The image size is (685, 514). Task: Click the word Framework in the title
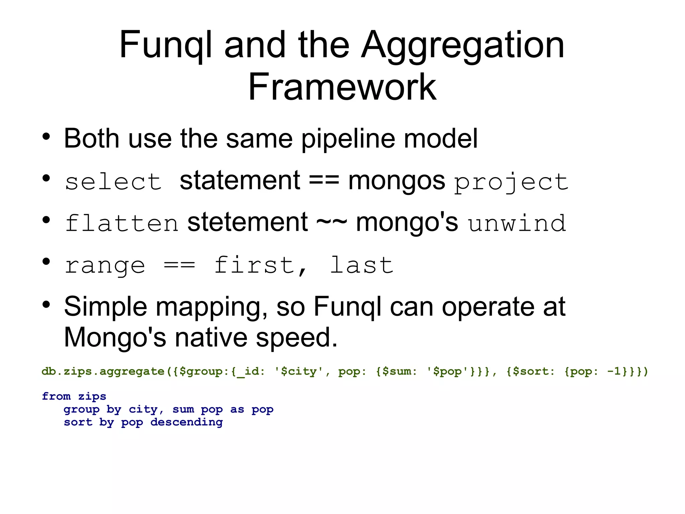[342, 87]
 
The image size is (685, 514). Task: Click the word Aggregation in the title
[463, 45]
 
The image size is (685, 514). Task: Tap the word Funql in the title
[166, 45]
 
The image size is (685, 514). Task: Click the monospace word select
[113, 182]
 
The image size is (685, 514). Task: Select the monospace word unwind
[517, 223]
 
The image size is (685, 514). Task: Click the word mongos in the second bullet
[396, 181]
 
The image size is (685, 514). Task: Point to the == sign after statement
[324, 181]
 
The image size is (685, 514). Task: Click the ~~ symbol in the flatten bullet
[331, 222]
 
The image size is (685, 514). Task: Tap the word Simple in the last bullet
[105, 306]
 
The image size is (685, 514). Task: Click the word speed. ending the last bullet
[297, 337]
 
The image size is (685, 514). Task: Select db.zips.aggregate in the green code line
[103, 371]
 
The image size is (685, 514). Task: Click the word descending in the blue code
[186, 422]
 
